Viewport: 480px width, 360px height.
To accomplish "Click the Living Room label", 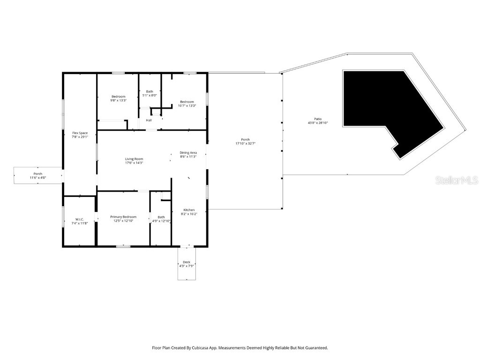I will (134, 159).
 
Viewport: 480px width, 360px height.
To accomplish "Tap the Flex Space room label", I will (80, 133).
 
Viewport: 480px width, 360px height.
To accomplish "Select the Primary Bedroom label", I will (123, 217).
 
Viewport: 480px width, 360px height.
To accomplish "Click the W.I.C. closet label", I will (79, 219).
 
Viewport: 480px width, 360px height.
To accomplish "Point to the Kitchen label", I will (189, 210).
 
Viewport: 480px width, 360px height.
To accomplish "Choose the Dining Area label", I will (188, 153).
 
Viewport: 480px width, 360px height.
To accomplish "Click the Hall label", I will (149, 120).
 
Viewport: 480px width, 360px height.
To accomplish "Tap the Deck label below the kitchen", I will (187, 262).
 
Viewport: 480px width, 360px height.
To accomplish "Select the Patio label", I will (318, 119).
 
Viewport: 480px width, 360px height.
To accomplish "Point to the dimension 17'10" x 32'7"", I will (245, 143).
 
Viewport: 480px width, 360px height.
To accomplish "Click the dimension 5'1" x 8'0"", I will (150, 95).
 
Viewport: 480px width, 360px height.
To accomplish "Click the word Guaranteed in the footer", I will (315, 348).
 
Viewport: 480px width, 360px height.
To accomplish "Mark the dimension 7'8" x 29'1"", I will (80, 137).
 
